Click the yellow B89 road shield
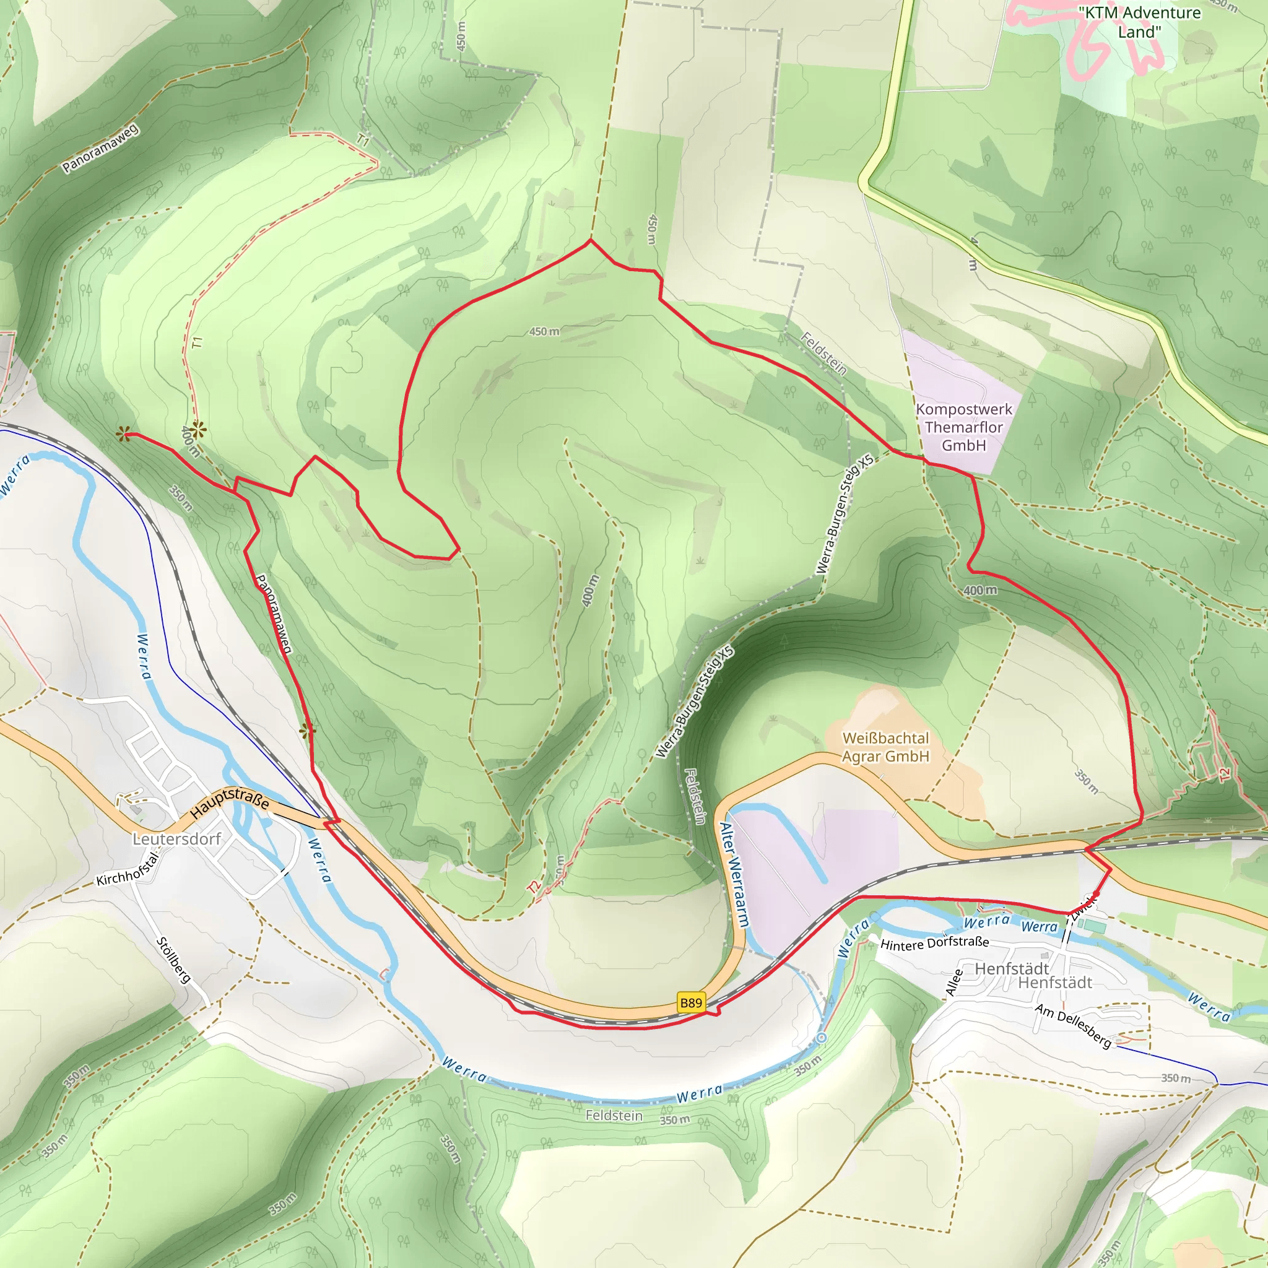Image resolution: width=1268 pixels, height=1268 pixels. (690, 1002)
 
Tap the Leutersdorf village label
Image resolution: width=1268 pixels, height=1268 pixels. (176, 839)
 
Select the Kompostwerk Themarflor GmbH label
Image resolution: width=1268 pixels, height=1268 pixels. (963, 427)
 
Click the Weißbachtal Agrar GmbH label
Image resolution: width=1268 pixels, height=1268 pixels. (885, 747)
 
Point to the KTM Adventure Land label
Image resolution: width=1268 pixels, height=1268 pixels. (1139, 22)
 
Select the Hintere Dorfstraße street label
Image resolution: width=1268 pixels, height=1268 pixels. (934, 944)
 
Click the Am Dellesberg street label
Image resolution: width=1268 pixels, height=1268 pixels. (1073, 1025)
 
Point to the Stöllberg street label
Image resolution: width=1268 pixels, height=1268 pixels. (173, 961)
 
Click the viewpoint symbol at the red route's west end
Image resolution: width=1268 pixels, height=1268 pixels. (122, 434)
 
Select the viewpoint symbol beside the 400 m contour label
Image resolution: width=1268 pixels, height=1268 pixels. (198, 430)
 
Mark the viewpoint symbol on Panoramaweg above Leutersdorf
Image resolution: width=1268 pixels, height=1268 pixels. (307, 731)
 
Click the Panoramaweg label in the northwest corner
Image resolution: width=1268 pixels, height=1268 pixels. (100, 149)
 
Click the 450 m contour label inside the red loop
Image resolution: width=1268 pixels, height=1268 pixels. (544, 331)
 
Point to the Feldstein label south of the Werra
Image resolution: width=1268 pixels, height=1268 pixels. (614, 1115)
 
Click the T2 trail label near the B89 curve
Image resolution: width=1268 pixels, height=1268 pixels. (534, 887)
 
